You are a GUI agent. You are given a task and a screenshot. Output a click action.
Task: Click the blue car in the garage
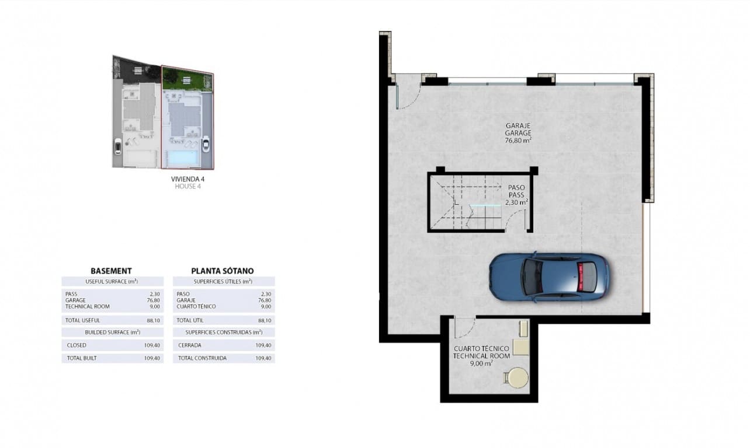(x=548, y=276)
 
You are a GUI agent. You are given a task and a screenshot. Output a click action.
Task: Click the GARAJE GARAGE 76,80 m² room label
(x=518, y=132)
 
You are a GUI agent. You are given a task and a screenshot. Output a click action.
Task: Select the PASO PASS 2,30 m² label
(x=516, y=195)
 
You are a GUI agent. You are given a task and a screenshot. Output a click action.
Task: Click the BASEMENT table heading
(x=111, y=271)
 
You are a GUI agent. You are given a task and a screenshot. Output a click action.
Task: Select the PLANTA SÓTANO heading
(x=223, y=271)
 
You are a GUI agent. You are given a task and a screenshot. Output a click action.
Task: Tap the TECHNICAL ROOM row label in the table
(x=88, y=306)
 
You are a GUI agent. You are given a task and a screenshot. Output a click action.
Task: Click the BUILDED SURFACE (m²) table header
(x=112, y=332)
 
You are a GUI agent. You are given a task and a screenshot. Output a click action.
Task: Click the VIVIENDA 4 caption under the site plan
(x=187, y=179)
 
